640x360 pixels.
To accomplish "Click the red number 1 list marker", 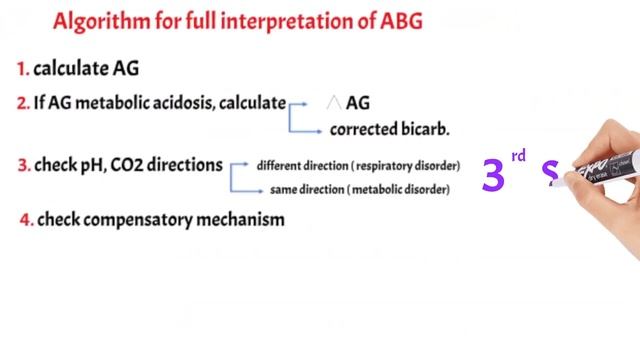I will [20, 69].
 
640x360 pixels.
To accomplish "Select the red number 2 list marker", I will [21, 102].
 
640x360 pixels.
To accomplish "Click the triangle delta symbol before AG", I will [334, 102].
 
